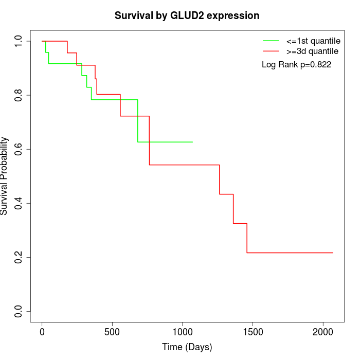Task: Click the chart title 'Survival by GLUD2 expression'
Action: (187, 15)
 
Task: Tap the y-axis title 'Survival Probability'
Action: (5, 176)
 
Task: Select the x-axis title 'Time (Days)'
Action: (187, 347)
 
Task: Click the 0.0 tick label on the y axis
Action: (19, 311)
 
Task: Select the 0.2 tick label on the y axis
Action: (19, 257)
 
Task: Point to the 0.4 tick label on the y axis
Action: (19, 203)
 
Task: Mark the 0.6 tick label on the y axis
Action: (19, 149)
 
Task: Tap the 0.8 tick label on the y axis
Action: (19, 95)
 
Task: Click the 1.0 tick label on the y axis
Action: (19, 41)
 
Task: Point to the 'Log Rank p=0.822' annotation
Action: (296, 65)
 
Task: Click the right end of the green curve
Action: (192, 142)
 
